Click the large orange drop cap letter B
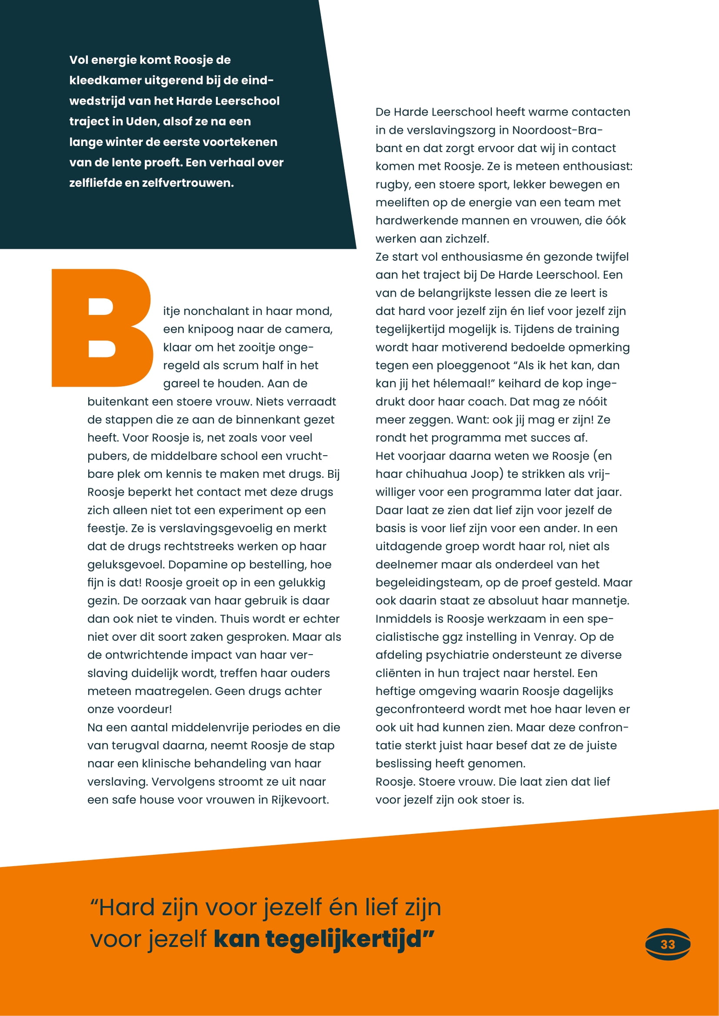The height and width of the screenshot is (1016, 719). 102,328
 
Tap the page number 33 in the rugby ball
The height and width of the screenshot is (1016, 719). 668,945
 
